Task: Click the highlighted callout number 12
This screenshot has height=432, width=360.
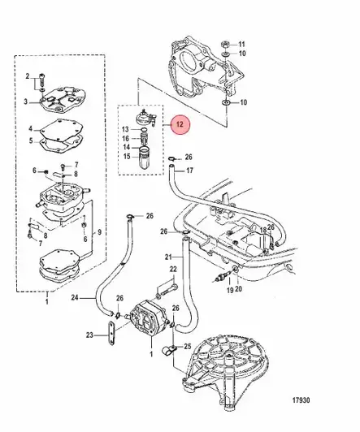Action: [x=181, y=125]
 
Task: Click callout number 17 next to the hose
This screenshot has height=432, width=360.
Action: [x=189, y=171]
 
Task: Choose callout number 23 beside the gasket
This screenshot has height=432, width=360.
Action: [x=89, y=334]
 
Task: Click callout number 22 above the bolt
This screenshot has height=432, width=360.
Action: [x=173, y=269]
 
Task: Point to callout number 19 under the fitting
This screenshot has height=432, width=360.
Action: [x=230, y=290]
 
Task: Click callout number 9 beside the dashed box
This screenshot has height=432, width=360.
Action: [x=100, y=233]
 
